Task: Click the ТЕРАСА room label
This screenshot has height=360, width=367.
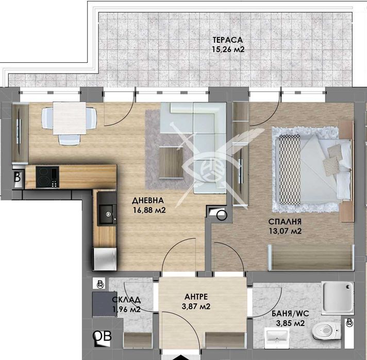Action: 227,40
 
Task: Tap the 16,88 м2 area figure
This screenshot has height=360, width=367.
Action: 149,210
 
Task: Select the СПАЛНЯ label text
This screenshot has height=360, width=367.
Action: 285,221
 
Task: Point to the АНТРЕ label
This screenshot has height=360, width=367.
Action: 196,297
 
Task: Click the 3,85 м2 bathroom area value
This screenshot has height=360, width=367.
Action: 290,323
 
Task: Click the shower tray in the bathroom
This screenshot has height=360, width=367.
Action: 337,298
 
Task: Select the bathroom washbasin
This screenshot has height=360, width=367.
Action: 277,336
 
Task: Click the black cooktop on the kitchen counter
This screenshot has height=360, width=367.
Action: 47,177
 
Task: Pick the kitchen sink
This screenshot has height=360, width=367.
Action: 107,214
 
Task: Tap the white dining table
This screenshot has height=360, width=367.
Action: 69,118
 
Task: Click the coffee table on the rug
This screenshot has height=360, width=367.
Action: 171,162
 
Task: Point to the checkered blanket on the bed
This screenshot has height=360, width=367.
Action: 290,169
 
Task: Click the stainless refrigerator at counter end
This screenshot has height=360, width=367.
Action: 105,259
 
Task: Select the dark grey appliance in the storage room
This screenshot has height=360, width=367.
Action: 105,304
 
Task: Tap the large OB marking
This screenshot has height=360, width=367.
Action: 102,336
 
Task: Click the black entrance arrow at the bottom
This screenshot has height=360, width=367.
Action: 181,357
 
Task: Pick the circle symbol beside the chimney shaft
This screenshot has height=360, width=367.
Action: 222,215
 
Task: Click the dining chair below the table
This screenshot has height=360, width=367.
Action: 69,140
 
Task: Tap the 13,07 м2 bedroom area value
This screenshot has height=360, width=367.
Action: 285,231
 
